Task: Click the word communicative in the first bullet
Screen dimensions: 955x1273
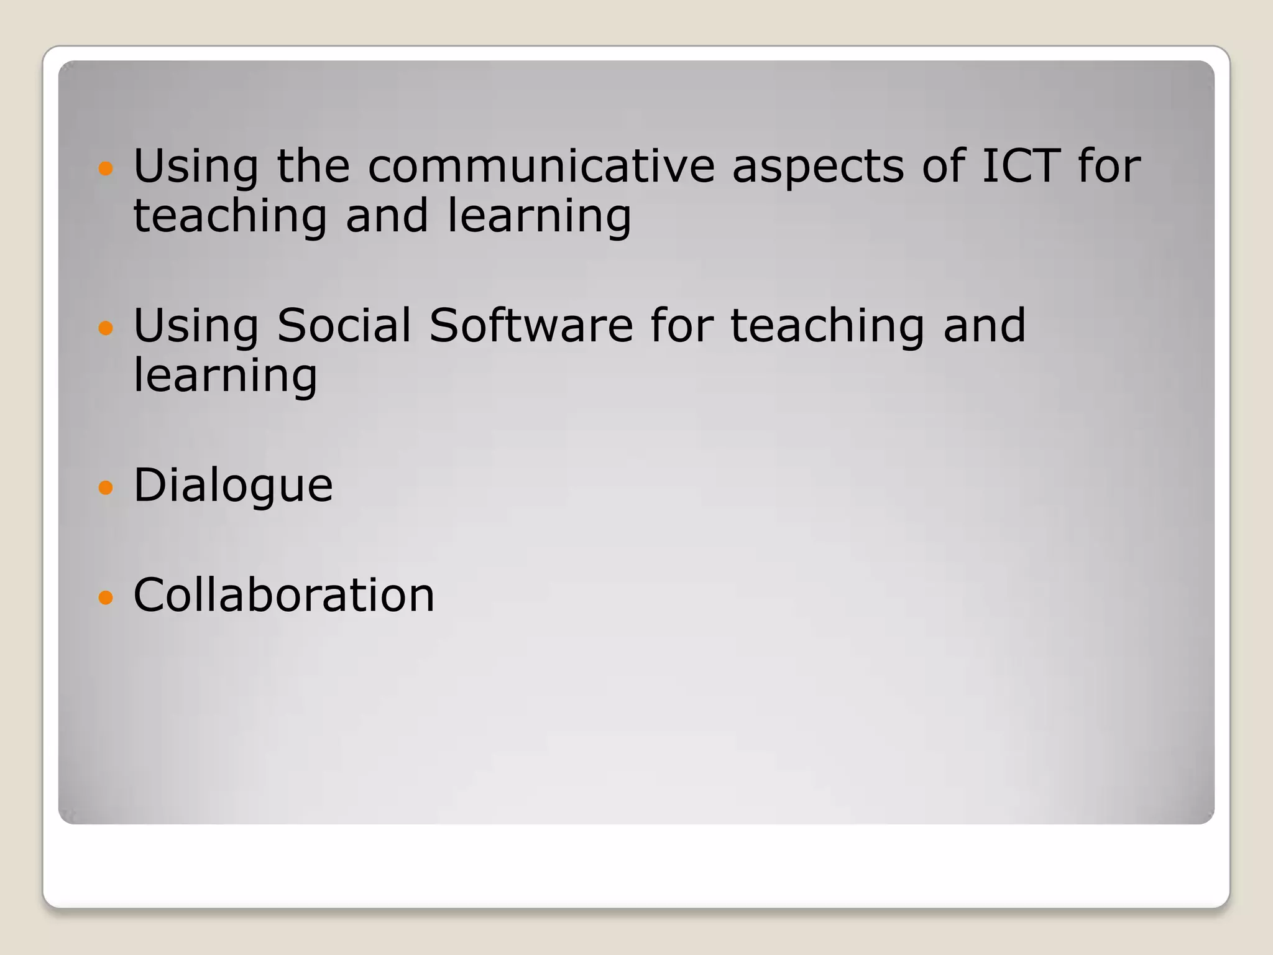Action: (541, 167)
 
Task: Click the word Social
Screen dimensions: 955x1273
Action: (344, 325)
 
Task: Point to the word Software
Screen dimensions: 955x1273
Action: (531, 325)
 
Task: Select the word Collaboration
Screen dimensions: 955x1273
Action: (283, 595)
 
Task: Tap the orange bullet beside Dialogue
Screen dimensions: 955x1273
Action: (106, 487)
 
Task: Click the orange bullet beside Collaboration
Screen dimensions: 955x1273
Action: (106, 597)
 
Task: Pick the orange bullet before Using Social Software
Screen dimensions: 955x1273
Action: (106, 328)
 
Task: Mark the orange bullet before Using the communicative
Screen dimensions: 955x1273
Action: (106, 168)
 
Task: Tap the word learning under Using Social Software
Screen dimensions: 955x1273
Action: (225, 377)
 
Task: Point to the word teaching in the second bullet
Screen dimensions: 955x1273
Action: (827, 326)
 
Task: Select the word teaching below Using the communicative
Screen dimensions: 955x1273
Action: (230, 216)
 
